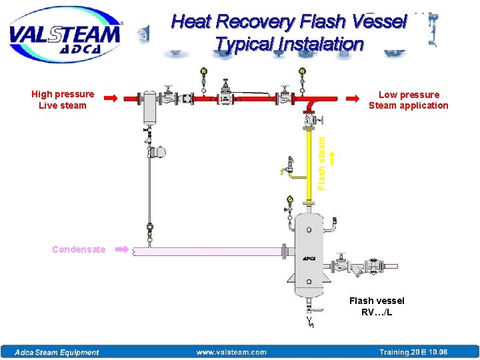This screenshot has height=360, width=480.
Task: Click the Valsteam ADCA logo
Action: tap(65, 35)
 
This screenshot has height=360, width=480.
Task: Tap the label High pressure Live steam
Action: tap(63, 100)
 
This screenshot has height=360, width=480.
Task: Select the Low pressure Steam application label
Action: tap(408, 100)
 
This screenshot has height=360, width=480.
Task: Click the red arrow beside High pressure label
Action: tap(111, 98)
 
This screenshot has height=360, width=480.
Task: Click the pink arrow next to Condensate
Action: tap(122, 249)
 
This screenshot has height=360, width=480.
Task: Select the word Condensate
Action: tap(79, 249)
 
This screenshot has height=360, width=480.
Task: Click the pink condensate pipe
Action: tap(207, 251)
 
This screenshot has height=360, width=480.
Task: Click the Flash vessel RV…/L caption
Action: tap(377, 306)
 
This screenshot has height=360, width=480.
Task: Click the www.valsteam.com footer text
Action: tap(231, 352)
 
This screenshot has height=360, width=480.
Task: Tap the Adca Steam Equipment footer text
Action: tap(57, 352)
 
